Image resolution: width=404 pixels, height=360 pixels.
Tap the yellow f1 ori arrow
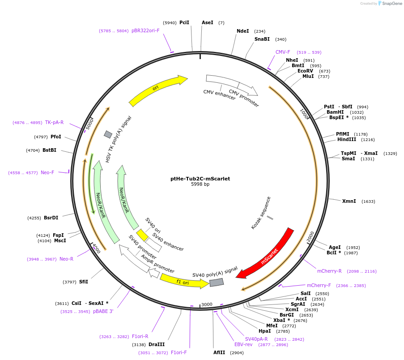click(183, 281)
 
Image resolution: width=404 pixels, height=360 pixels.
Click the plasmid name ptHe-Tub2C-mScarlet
click(200, 179)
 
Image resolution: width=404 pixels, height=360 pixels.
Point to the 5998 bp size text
click(200, 184)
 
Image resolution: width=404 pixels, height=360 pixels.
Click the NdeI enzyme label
click(242, 31)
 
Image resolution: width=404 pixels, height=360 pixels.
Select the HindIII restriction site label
click(347, 140)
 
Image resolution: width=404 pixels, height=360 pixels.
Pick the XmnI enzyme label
click(349, 201)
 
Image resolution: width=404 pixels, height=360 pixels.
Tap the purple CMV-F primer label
click(283, 52)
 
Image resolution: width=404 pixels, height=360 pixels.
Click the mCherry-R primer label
click(329, 271)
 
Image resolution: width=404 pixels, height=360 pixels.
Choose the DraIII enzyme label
click(157, 345)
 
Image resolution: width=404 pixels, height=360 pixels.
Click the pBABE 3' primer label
click(103, 312)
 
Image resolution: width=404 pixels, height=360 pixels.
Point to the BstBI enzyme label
click(49, 150)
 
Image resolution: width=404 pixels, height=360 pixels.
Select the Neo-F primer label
click(47, 172)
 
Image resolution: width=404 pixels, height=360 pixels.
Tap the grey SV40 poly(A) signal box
click(217, 282)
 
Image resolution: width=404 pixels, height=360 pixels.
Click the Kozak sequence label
click(261, 213)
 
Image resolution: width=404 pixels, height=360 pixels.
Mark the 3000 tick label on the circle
click(207, 304)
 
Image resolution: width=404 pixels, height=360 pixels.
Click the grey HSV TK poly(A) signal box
click(108, 134)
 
